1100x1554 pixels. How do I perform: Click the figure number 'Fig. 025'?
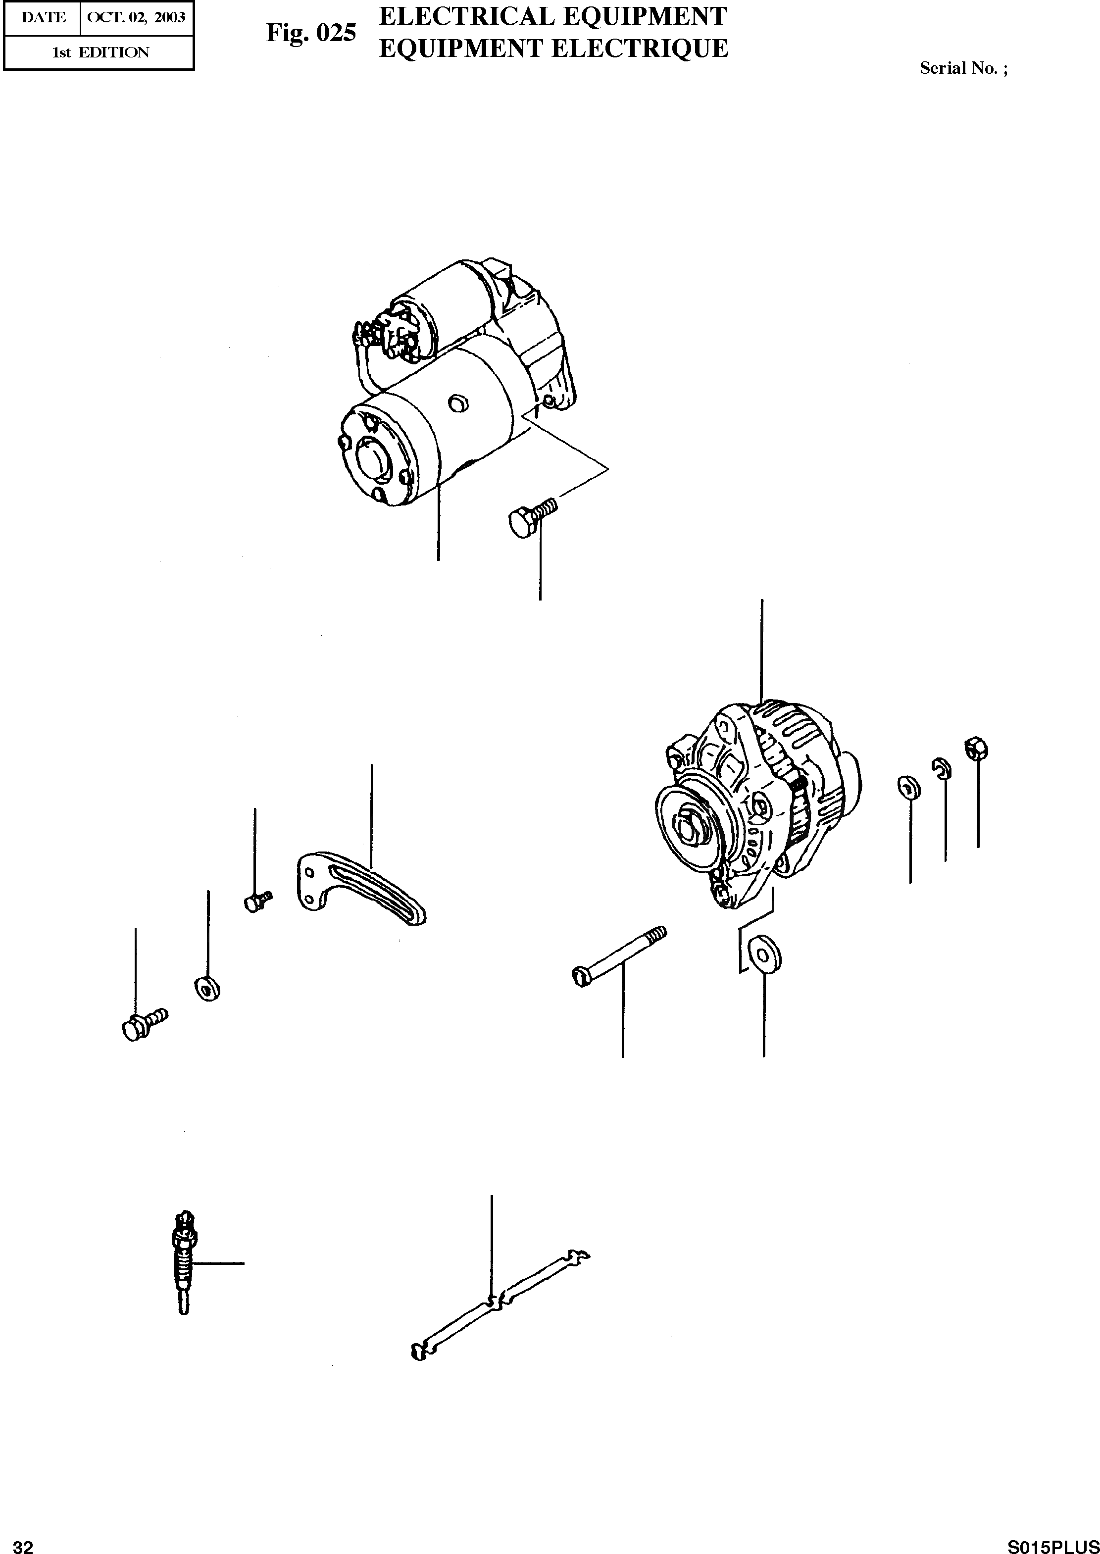coord(311,33)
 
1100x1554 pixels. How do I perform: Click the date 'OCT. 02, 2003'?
coord(137,18)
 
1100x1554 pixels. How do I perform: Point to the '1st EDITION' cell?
coord(100,52)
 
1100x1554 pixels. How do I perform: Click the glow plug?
coord(183,1261)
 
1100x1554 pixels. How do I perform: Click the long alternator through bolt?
coord(618,956)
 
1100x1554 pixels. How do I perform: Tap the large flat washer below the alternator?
coord(765,954)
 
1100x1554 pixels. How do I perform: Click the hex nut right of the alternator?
coord(976,748)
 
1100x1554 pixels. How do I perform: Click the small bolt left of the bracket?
coord(255,901)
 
